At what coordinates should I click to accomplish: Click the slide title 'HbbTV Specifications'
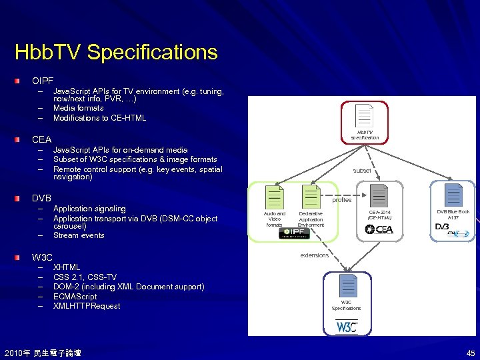point(116,53)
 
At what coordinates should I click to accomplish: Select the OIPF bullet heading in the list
point(43,81)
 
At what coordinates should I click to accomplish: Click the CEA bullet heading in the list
point(41,140)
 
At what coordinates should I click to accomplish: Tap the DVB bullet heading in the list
point(41,199)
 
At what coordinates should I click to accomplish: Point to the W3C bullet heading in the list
point(42,257)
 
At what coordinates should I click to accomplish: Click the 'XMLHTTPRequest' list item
point(87,306)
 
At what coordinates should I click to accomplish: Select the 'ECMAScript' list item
point(75,297)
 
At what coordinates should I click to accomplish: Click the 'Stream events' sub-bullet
point(78,235)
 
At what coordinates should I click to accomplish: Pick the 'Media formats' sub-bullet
point(78,108)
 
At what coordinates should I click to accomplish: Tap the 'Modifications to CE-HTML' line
point(99,118)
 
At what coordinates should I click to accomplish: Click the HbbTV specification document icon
point(364,116)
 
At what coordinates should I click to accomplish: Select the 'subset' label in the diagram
point(362,171)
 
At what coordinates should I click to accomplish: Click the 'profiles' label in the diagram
point(341,200)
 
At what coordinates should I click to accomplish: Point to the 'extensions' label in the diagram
point(314,255)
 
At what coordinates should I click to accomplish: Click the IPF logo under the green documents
point(293,233)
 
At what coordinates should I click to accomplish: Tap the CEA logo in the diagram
point(379,230)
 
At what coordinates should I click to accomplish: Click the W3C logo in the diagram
point(346,327)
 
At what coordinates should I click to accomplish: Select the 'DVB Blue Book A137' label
point(453,215)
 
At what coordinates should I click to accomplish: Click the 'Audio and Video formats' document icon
point(275,197)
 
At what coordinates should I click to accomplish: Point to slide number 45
point(471,353)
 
